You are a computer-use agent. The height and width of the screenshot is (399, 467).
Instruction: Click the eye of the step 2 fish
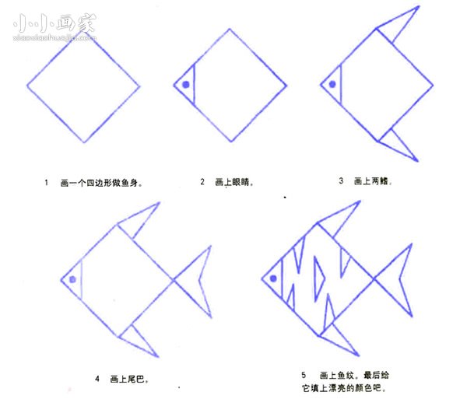pyautogui.click(x=187, y=85)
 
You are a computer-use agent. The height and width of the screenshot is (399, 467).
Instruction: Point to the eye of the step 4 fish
pyautogui.click(x=72, y=278)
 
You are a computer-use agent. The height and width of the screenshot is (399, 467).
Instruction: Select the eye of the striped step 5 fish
pyautogui.click(x=273, y=277)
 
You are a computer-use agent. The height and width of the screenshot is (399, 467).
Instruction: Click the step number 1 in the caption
pyautogui.click(x=47, y=184)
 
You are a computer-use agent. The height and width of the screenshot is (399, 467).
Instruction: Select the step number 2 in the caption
pyautogui.click(x=202, y=182)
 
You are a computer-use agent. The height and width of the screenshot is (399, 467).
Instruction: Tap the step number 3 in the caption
pyautogui.click(x=341, y=181)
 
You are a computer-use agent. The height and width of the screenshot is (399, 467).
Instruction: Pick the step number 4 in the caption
pyautogui.click(x=97, y=379)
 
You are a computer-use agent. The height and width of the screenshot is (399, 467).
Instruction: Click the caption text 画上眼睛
pyautogui.click(x=235, y=183)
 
